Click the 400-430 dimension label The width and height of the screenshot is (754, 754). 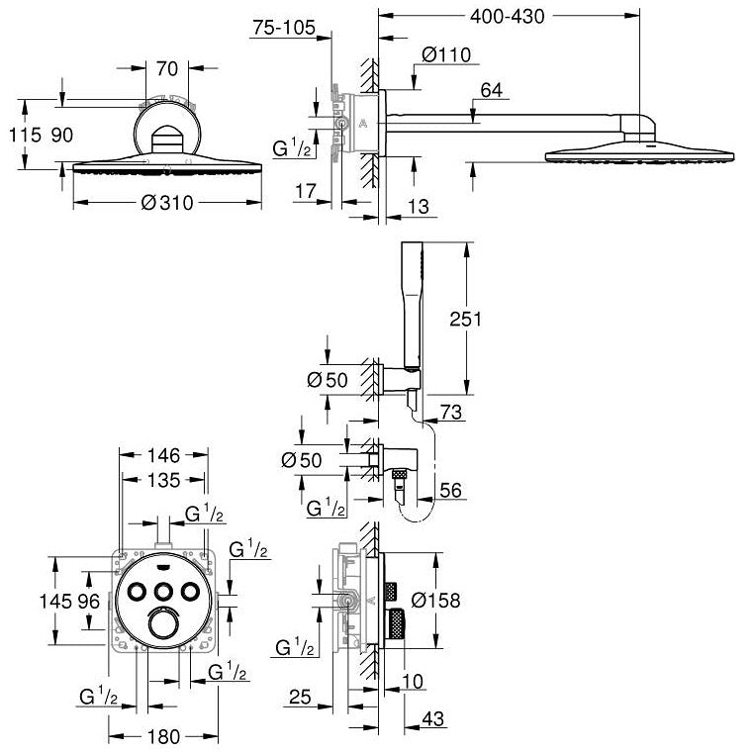coord(508,17)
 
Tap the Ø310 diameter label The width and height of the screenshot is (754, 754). coord(167,203)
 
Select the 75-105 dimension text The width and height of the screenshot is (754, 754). coord(284,28)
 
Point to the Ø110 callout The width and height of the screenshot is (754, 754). coord(445,54)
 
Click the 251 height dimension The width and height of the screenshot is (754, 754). coord(465,319)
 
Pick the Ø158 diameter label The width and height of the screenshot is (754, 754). coord(435,600)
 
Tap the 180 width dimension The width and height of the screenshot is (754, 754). coord(164,737)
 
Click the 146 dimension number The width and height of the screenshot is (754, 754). coord(164,455)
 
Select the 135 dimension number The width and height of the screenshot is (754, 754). coord(164,480)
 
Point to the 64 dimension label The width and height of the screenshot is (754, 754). coord(491,90)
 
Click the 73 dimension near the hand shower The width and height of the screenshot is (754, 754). coord(450,412)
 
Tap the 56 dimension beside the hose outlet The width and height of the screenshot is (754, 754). coord(450,490)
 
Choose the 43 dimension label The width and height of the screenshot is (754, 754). coord(432,719)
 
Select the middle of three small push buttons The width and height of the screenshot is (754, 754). coord(164,591)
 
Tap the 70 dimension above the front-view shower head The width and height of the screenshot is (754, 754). coord(167,68)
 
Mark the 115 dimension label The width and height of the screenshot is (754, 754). coord(25,136)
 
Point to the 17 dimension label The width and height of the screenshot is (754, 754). coord(306,191)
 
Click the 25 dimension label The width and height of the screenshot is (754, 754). coord(300,697)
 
